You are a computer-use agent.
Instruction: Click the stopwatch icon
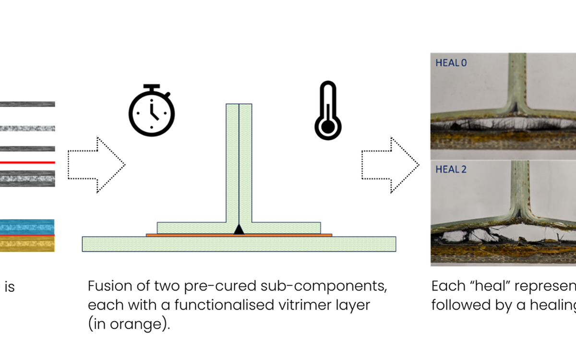coord(151,110)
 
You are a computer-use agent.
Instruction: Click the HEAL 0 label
coord(451,63)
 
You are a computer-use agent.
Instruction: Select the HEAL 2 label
coord(451,169)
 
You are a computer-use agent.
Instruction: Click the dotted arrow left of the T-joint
coord(96,165)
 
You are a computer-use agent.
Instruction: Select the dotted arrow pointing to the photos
coord(390,165)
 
